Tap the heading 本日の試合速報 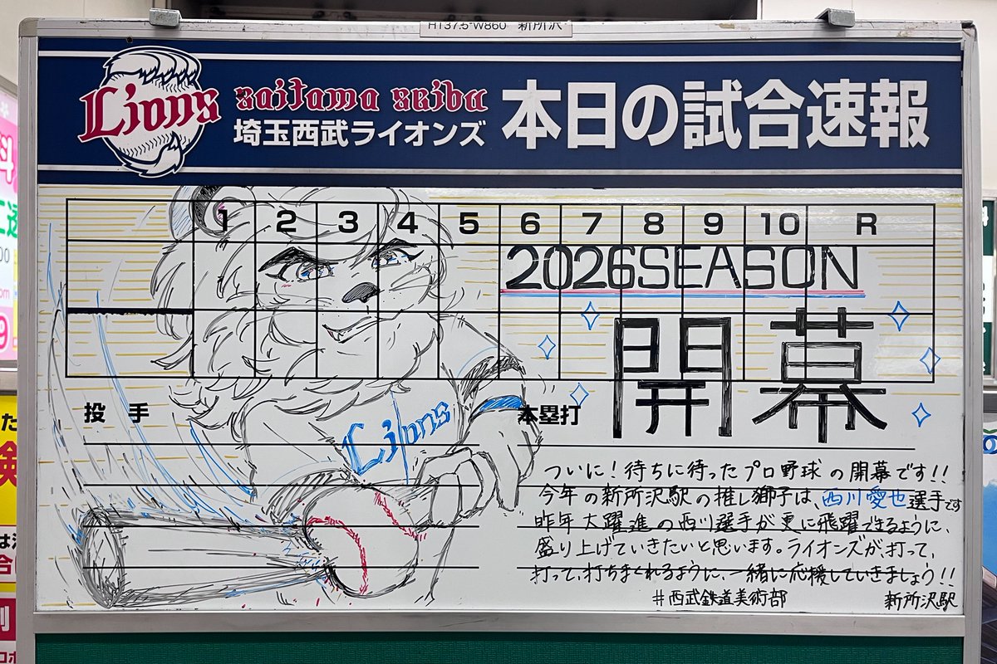tap(715, 115)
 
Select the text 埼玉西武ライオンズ tap(359, 134)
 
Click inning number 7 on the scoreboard tap(592, 223)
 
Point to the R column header tap(866, 223)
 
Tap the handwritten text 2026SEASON tap(681, 268)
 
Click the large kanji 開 tap(673, 375)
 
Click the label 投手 tap(105, 413)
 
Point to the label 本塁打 tap(548, 416)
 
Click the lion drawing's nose tap(361, 292)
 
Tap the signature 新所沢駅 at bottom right tap(919, 599)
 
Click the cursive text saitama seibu tap(361, 99)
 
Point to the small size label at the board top tap(495, 29)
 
